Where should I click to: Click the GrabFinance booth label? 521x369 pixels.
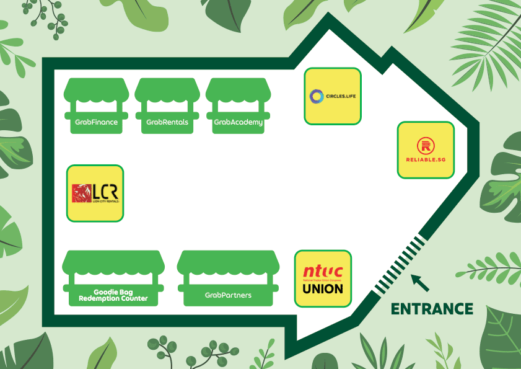(96, 122)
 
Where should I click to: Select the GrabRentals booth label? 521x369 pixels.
(167, 122)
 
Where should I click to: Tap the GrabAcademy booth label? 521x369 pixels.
(238, 122)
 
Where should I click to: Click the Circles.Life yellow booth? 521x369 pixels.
(332, 96)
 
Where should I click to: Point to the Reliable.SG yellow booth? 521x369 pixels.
(426, 150)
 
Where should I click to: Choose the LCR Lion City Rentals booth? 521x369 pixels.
(95, 193)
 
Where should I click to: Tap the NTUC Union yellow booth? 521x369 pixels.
(323, 278)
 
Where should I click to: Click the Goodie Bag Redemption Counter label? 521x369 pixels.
(113, 295)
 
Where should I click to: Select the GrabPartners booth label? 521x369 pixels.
(228, 295)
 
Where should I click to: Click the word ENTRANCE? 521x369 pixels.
(432, 309)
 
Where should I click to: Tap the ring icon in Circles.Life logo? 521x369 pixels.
(316, 96)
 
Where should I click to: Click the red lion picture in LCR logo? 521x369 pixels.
(81, 193)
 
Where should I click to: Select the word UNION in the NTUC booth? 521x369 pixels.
(323, 288)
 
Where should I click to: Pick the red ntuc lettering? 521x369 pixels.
(323, 272)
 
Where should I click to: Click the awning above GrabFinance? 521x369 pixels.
(96, 91)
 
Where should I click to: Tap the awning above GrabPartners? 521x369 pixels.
(228, 262)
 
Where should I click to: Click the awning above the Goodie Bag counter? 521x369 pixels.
(113, 262)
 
